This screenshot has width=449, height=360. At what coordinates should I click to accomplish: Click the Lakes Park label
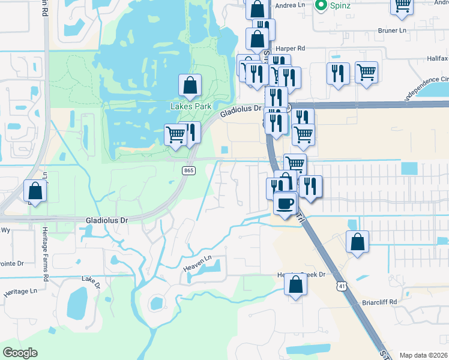(x=190, y=106)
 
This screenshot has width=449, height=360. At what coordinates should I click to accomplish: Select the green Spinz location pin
(x=321, y=5)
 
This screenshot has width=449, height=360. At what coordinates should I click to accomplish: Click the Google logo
(x=20, y=353)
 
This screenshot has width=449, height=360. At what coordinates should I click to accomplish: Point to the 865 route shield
(x=188, y=171)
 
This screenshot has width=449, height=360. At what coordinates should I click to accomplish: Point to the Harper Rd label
(x=290, y=48)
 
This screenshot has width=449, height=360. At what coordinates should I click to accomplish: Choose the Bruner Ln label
(x=392, y=29)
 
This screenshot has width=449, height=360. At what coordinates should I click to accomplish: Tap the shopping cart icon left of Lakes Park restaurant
(x=175, y=134)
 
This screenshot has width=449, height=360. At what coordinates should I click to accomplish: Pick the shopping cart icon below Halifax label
(x=366, y=73)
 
